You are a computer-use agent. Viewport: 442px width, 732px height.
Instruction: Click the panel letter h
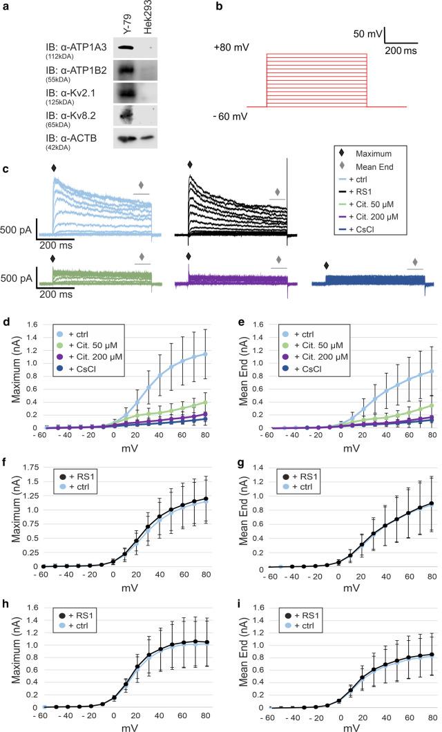tap(6, 598)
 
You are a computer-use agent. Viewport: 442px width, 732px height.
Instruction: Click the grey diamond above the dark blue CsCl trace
tap(415, 262)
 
